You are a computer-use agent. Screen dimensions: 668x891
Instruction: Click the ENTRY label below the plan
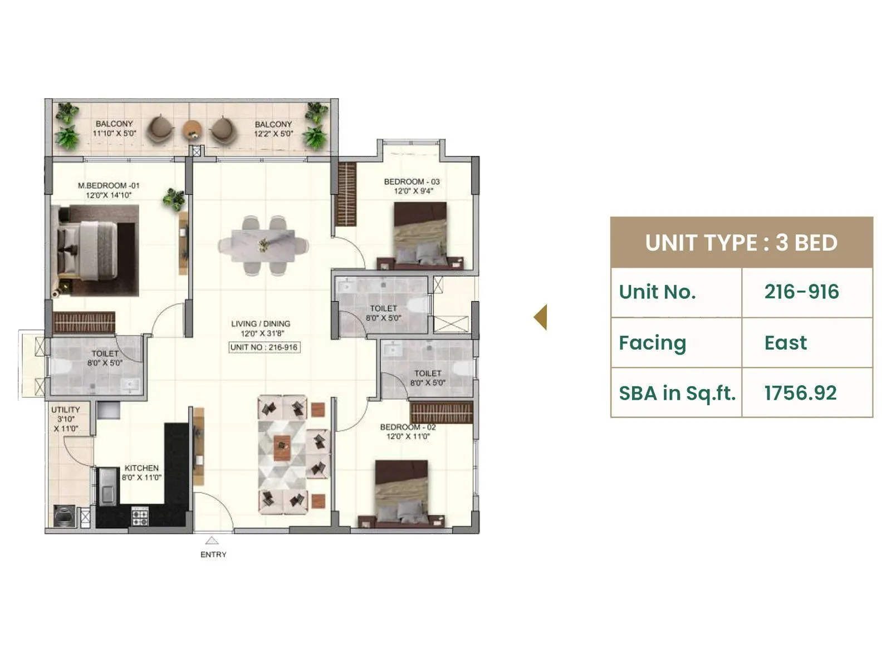pos(213,554)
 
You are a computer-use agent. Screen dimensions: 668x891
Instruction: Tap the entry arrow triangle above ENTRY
pos(212,540)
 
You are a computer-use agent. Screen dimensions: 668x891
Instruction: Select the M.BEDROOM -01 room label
pos(109,185)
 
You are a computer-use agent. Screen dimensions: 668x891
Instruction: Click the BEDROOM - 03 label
pos(412,181)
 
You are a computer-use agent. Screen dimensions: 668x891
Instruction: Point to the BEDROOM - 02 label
pos(408,427)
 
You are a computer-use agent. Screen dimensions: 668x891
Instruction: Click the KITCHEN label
pos(141,468)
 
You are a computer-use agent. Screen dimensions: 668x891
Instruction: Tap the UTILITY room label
pos(66,410)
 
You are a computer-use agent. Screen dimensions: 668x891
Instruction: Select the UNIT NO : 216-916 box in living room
pos(265,347)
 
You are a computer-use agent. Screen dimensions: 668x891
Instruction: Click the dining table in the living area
pos(263,245)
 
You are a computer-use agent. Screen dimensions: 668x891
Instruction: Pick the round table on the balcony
pos(192,130)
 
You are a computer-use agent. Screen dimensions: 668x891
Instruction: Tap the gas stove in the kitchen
pos(140,517)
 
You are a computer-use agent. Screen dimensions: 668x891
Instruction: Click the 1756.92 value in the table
pos(800,393)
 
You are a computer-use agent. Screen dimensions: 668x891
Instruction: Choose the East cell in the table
pos(785,343)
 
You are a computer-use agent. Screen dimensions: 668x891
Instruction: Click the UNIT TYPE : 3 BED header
pos(741,243)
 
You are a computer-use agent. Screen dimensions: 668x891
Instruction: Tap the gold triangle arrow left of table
pos(541,317)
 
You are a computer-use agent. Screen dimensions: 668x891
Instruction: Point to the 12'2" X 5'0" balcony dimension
pos(273,134)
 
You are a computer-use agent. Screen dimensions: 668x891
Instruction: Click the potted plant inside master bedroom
pos(174,199)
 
